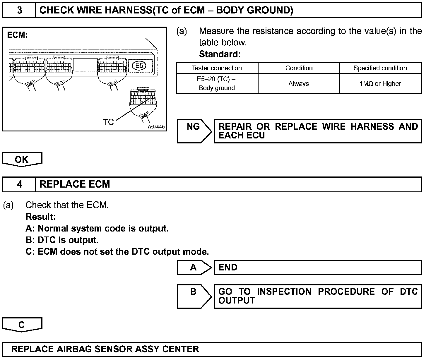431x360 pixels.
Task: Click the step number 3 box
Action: tap(19, 11)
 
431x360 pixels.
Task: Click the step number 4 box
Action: tap(19, 184)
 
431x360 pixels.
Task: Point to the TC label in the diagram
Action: tap(108, 122)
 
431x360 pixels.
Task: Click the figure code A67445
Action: tap(156, 127)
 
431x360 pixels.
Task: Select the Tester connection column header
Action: tap(217, 68)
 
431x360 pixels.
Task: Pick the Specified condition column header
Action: tap(380, 68)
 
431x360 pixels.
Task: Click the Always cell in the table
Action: tap(299, 84)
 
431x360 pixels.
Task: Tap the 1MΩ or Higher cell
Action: tap(380, 84)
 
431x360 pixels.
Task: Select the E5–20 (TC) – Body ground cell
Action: tap(217, 83)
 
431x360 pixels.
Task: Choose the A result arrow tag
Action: tap(194, 268)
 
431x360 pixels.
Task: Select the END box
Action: tap(318, 268)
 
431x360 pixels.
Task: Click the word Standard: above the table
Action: tap(220, 54)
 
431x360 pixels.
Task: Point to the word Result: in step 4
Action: tap(41, 217)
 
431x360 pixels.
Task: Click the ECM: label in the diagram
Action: tap(17, 35)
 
